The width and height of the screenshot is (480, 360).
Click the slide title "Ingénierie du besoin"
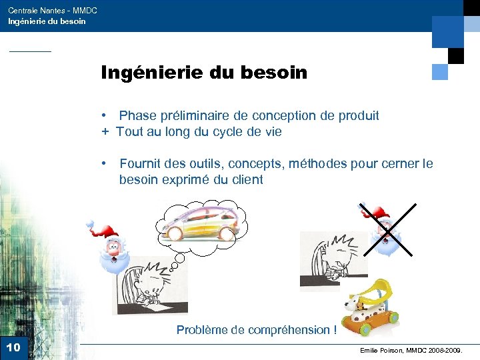point(204,72)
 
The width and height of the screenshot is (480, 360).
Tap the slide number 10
point(13,347)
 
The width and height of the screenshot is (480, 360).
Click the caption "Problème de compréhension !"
point(256,329)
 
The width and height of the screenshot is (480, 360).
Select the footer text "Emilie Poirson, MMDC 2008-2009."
point(410,349)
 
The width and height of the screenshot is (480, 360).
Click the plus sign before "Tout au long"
point(105,131)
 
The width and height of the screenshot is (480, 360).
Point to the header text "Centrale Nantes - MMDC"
point(53,11)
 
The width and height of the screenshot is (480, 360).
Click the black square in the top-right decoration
point(456,55)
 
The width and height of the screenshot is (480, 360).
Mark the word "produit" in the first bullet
point(359,115)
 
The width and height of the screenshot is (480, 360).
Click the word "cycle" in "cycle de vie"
point(229,131)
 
